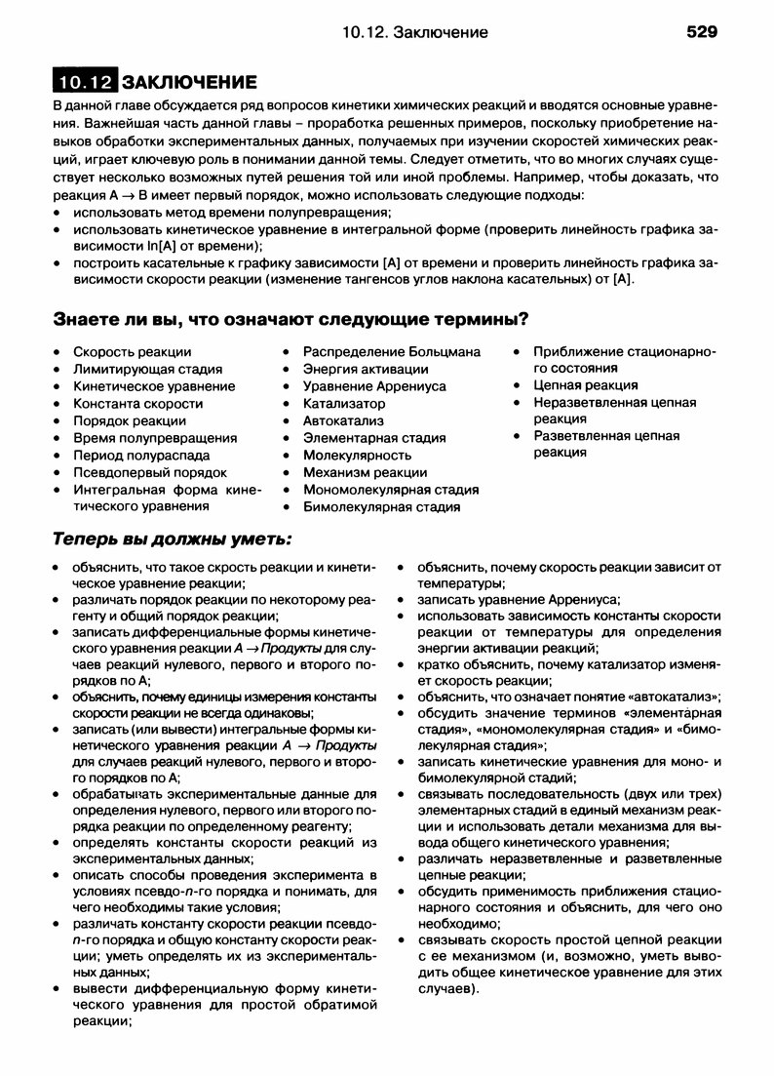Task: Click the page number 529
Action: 701,32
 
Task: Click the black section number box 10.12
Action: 85,81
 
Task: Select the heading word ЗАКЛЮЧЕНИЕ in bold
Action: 189,81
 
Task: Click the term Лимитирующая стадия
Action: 147,369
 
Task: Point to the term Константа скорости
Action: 138,403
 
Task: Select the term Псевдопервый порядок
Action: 150,472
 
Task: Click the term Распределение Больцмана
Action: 391,351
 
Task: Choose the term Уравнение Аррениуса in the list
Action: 374,385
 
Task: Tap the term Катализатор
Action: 344,403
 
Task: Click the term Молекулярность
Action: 357,455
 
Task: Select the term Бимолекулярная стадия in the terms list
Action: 381,506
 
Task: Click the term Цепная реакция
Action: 586,385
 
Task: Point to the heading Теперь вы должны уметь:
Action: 172,539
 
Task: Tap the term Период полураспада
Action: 141,455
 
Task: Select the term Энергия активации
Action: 366,369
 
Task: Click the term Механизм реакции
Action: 365,472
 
